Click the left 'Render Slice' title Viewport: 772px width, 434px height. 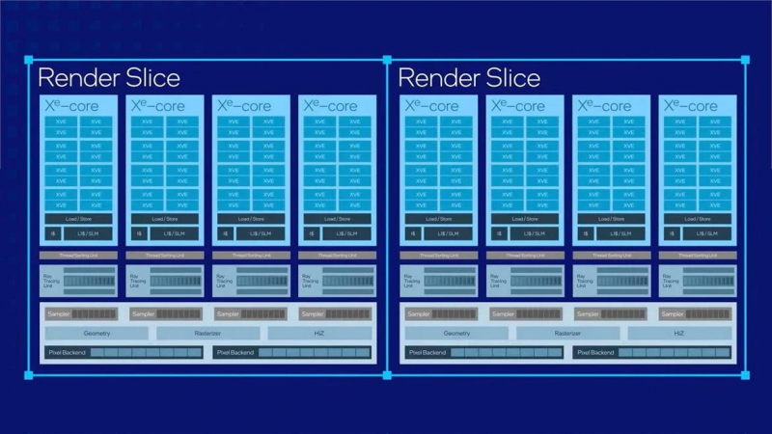click(x=108, y=77)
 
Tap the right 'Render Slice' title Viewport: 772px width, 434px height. click(x=469, y=77)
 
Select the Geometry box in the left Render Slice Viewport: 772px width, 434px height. click(x=96, y=333)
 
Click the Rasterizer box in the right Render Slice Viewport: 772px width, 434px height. click(x=567, y=333)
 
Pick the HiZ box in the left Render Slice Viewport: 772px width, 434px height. click(x=319, y=333)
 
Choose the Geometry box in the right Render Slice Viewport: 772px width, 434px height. click(x=457, y=333)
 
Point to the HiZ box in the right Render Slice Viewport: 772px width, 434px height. click(x=680, y=333)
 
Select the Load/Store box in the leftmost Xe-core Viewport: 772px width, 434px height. click(x=76, y=219)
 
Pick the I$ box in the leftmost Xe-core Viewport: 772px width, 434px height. click(x=48, y=233)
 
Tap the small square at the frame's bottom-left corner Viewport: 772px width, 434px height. click(x=27, y=374)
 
